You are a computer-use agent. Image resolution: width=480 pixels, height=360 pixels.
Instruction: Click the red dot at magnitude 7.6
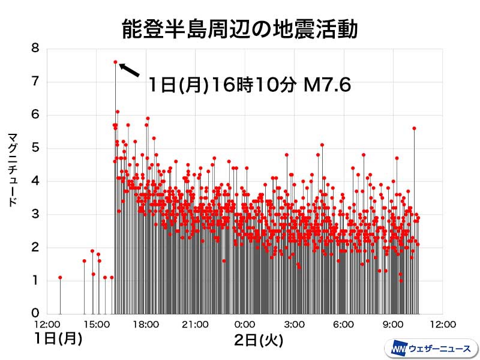(x=115, y=62)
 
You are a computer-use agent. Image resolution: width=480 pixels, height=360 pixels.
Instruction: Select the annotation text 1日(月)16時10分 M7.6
(x=248, y=86)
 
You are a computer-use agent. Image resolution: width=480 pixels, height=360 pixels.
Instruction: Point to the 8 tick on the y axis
(x=35, y=49)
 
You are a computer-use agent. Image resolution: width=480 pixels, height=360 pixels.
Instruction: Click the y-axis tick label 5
(x=35, y=148)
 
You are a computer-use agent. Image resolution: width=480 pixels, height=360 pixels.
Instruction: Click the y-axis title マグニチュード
(x=12, y=170)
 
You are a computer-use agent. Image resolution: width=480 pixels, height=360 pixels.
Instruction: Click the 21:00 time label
(x=195, y=325)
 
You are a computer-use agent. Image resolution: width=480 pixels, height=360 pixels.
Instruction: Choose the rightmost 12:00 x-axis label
(x=442, y=325)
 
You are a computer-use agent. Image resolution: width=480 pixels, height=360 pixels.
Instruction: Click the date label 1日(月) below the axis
(x=58, y=339)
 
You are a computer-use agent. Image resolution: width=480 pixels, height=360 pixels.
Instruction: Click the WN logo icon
(x=399, y=349)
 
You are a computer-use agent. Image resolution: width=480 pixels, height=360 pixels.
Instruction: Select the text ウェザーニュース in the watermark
(x=440, y=349)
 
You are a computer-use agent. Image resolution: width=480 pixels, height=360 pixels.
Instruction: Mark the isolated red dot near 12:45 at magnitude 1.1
(x=60, y=277)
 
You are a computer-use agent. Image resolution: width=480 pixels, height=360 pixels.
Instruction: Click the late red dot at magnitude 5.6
(x=414, y=128)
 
